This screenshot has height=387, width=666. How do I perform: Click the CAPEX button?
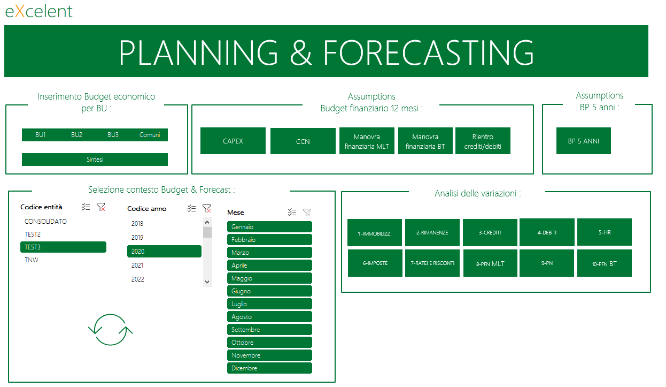pos(233,141)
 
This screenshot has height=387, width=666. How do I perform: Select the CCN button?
pos(303,141)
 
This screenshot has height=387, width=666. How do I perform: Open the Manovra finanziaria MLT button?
pos(367,141)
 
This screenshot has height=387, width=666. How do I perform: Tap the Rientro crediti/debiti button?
pos(483,141)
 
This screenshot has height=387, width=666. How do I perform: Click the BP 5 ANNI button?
pos(583,141)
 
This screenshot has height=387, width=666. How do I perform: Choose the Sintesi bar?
pos(95,160)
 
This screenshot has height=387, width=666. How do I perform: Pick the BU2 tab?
pos(76,135)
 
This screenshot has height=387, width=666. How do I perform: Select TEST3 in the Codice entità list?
pos(63,247)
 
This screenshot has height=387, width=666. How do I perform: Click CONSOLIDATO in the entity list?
pos(45,222)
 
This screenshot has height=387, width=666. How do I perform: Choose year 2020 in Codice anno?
pos(164,251)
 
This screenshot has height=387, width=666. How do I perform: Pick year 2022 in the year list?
pos(138,279)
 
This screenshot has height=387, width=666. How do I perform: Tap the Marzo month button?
pos(269,253)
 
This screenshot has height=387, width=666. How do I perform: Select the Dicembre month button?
pos(269,368)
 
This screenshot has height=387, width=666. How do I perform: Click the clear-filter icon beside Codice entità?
pos(101,207)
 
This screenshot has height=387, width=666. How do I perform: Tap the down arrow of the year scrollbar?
pos(207,282)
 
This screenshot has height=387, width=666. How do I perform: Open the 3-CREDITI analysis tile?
pos(490,232)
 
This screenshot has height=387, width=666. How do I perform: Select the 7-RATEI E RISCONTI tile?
pos(432,263)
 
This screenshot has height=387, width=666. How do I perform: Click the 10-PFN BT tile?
pos(604,263)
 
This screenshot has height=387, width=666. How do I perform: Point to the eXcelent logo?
pos(38,11)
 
